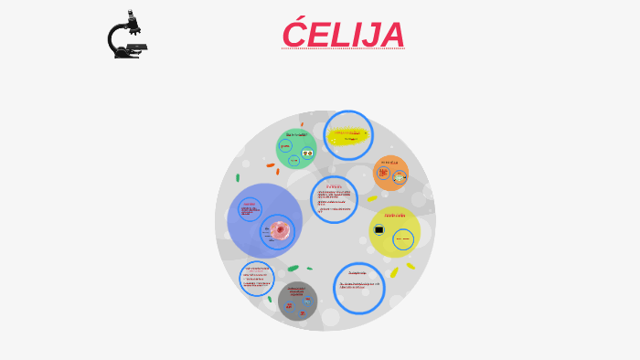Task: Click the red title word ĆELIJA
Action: [343, 35]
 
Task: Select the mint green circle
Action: [296, 149]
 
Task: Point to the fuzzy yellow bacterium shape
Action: [347, 136]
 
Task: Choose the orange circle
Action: [390, 172]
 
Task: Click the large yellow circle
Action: [395, 232]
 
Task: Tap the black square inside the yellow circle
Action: [379, 230]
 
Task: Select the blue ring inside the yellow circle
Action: [403, 239]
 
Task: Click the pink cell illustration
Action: [280, 230]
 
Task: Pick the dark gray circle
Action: [297, 301]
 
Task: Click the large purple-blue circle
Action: [263, 220]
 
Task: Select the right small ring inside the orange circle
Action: [400, 176]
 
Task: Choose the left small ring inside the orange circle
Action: [384, 172]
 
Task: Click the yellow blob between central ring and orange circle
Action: [372, 198]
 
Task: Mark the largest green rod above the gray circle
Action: [293, 269]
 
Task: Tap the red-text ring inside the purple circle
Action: [250, 210]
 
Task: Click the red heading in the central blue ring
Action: [334, 186]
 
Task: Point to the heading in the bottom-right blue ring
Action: [357, 272]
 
